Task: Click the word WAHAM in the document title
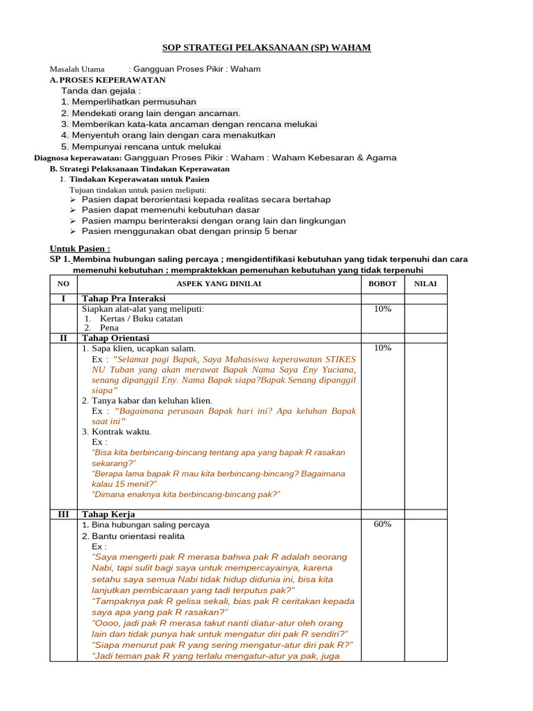(x=351, y=47)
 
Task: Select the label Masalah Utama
(x=77, y=69)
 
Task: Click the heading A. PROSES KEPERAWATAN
(x=108, y=80)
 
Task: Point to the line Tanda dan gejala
(x=101, y=91)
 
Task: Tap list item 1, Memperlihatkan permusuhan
(x=128, y=102)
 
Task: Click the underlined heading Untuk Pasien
(x=80, y=249)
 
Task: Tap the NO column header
(x=63, y=283)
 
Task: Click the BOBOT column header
(x=382, y=283)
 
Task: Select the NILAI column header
(x=425, y=283)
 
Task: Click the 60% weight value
(x=382, y=524)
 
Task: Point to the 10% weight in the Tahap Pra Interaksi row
(x=382, y=309)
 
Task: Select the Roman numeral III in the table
(x=63, y=514)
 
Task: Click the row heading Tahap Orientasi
(x=115, y=337)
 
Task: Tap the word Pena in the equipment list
(x=110, y=328)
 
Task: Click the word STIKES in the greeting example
(x=340, y=360)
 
